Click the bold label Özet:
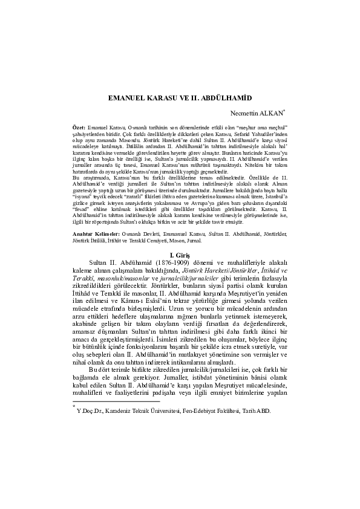[x=79, y=129]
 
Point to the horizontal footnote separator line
[x=116, y=401]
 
